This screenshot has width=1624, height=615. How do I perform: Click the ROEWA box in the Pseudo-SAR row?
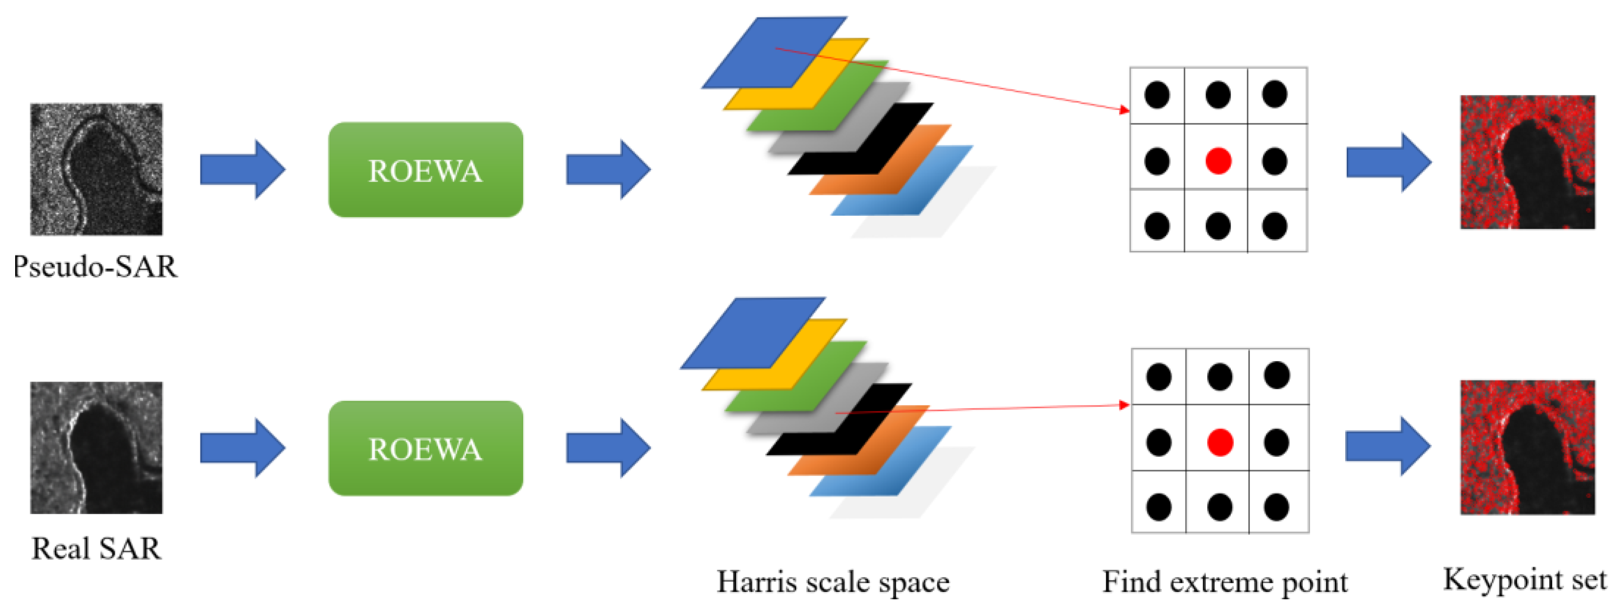coord(425,170)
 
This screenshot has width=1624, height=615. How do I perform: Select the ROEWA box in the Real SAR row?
coord(425,449)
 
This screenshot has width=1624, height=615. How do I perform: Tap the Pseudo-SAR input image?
coord(96,170)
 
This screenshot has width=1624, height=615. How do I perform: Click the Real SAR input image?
coord(96,448)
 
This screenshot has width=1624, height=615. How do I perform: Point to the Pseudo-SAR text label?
coord(95,267)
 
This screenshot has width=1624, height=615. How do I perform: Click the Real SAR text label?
coord(96,548)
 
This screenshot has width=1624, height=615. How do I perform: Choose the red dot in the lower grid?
coord(1220,442)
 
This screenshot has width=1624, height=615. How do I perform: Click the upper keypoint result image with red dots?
coord(1528,162)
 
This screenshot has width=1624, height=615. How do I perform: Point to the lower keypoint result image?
coord(1528,447)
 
